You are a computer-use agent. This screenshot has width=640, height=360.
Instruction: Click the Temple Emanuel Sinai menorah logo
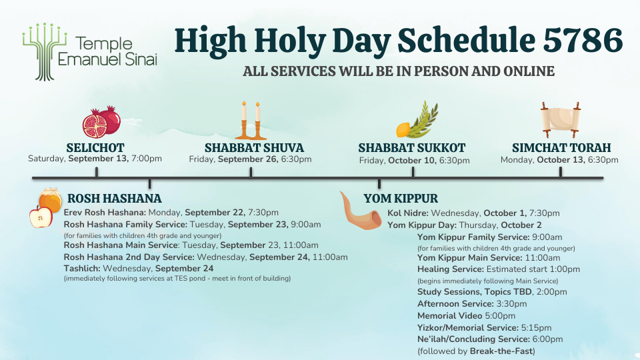45,51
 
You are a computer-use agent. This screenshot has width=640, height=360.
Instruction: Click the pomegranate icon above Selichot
101,122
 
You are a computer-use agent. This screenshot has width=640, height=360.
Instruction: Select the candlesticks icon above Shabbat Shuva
251,121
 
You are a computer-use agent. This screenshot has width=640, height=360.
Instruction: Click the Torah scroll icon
561,119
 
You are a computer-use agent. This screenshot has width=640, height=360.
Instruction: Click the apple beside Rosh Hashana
41,216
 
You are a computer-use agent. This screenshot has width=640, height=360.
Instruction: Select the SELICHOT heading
95,147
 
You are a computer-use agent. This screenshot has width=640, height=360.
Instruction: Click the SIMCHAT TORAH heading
561,147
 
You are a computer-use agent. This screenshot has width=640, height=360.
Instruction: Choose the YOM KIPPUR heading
401,199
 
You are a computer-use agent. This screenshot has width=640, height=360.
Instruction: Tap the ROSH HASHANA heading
114,199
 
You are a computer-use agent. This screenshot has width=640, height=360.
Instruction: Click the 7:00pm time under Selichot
147,159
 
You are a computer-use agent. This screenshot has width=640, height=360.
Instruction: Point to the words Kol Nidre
408,213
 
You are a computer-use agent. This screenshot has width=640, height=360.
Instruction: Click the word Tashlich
81,269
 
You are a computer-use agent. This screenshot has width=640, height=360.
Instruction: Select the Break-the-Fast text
501,351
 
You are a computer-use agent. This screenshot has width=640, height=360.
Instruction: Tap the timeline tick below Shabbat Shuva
251,172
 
